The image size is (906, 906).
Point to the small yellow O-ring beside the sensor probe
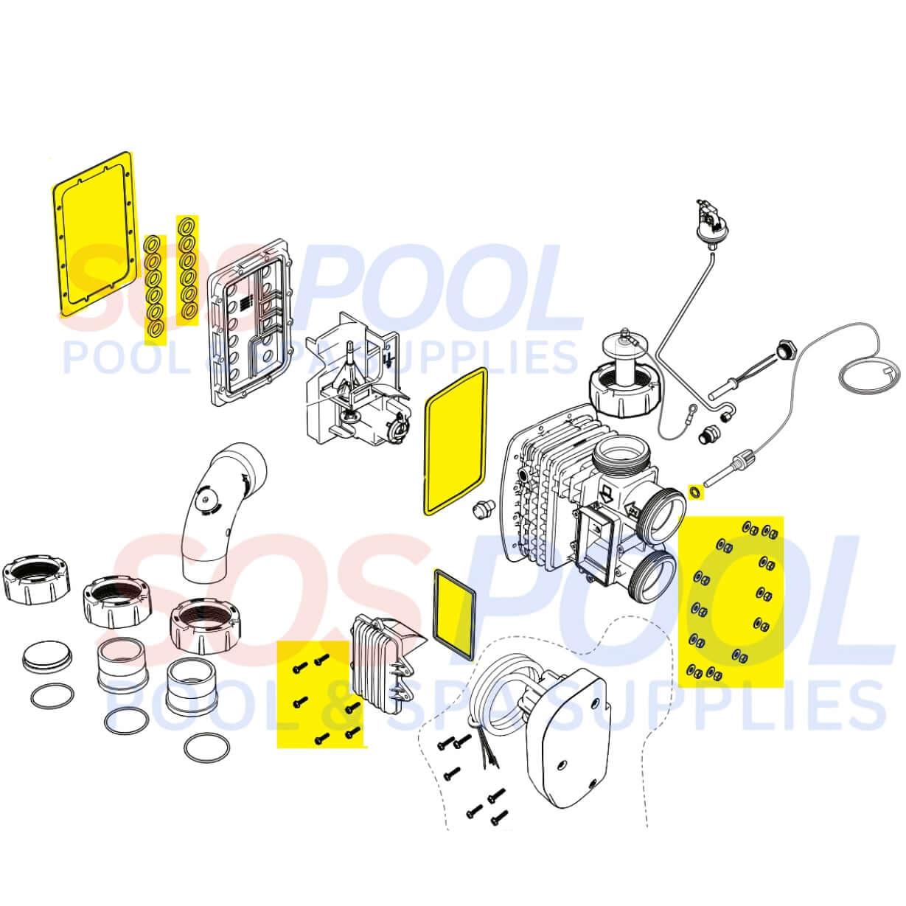tap(694, 492)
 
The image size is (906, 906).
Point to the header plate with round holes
tap(252, 324)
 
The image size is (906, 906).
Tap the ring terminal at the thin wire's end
tap(692, 408)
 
